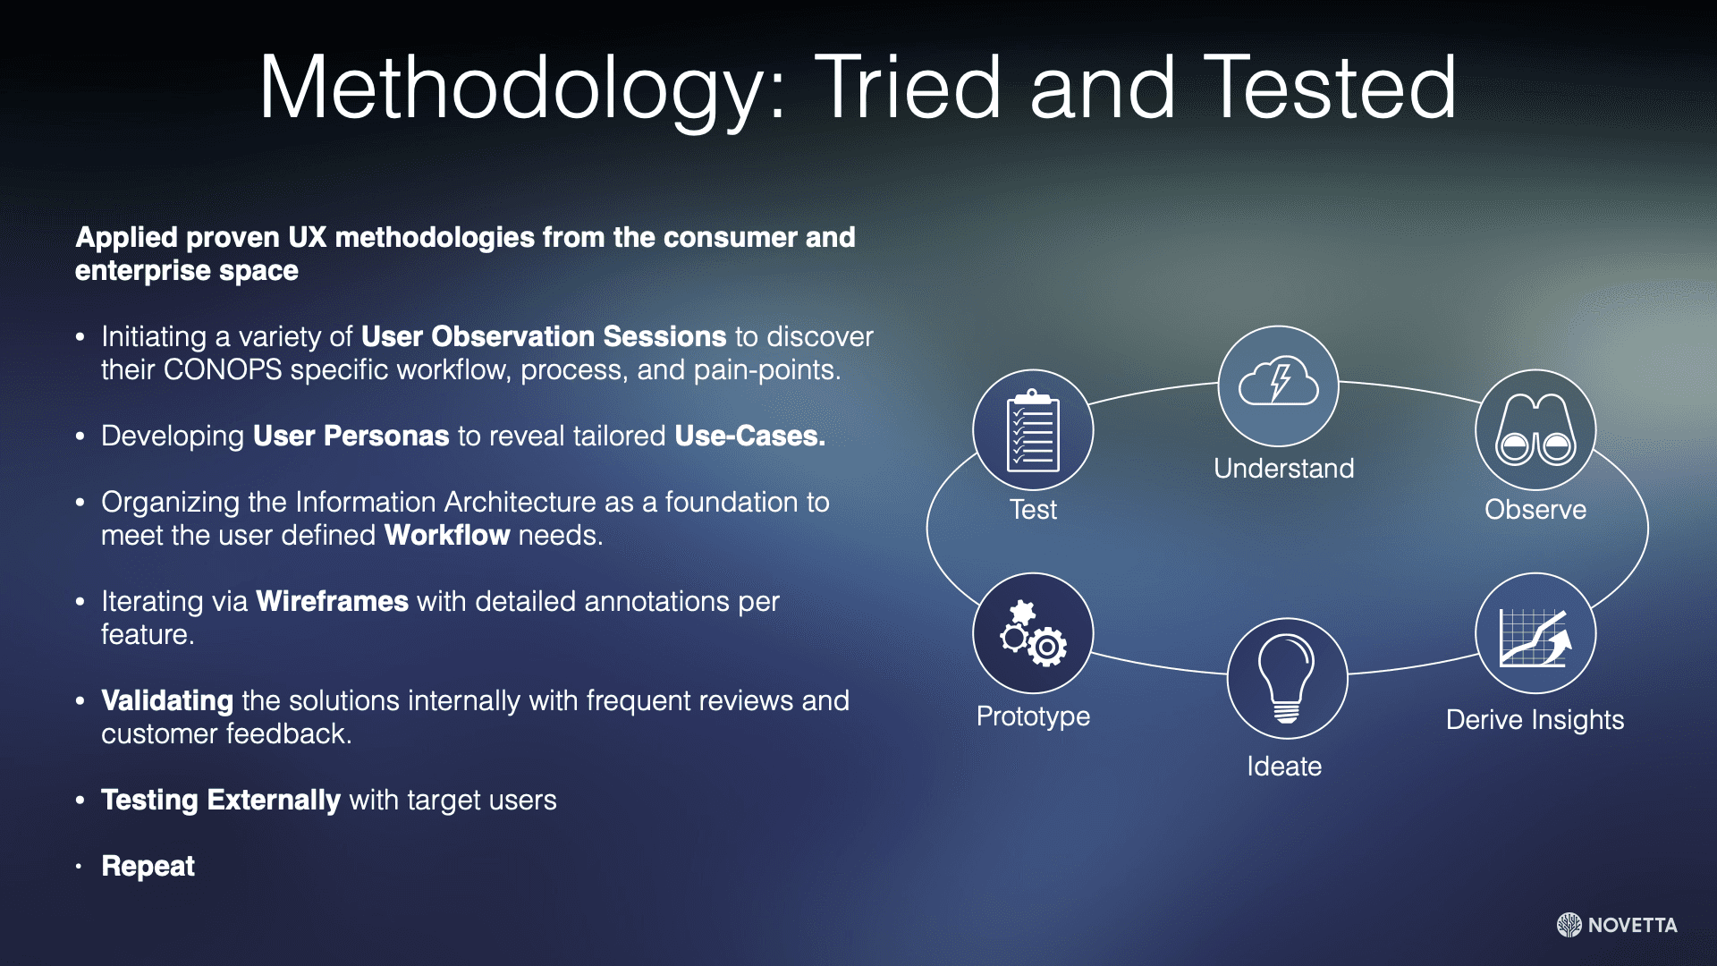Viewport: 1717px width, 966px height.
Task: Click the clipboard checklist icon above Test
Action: (x=1033, y=430)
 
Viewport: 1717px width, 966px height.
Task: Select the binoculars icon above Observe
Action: (x=1535, y=430)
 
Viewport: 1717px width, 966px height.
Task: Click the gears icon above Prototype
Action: (x=1033, y=633)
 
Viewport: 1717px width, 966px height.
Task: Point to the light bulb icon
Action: (x=1286, y=678)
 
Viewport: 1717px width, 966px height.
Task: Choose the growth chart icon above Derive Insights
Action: (x=1535, y=637)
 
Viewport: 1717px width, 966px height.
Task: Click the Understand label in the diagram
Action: (x=1283, y=468)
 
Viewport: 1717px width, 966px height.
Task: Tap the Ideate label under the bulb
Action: (x=1284, y=767)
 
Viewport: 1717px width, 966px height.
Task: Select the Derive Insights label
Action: (x=1535, y=720)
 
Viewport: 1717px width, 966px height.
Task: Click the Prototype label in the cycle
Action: (x=1033, y=716)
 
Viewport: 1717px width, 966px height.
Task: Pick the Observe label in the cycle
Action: (x=1535, y=510)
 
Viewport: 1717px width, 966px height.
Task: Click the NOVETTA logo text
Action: (x=1632, y=926)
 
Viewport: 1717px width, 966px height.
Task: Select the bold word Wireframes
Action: (x=332, y=601)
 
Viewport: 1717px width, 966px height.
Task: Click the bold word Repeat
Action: (x=148, y=867)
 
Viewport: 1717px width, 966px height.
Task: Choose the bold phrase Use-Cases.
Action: (x=749, y=436)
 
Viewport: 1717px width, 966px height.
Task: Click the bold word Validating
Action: (x=167, y=701)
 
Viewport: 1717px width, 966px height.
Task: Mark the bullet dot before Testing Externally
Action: (x=80, y=801)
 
